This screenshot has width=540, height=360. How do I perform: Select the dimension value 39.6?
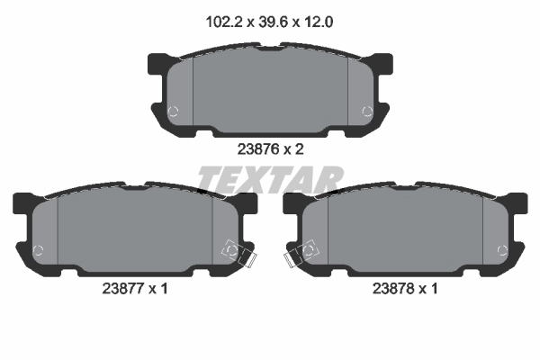tap(269, 21)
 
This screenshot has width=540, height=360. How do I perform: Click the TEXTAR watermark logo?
tap(269, 180)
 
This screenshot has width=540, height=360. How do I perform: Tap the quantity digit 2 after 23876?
tap(300, 150)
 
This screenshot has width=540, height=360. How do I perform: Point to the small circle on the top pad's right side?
tap(365, 112)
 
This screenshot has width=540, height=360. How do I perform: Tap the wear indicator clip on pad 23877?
tap(238, 255)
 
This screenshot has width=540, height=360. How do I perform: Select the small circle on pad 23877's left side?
tap(37, 249)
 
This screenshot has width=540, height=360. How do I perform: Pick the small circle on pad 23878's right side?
tap(503, 249)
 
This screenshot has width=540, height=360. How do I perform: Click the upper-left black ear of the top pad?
tap(157, 63)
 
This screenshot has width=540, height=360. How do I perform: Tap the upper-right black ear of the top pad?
tap(383, 63)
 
